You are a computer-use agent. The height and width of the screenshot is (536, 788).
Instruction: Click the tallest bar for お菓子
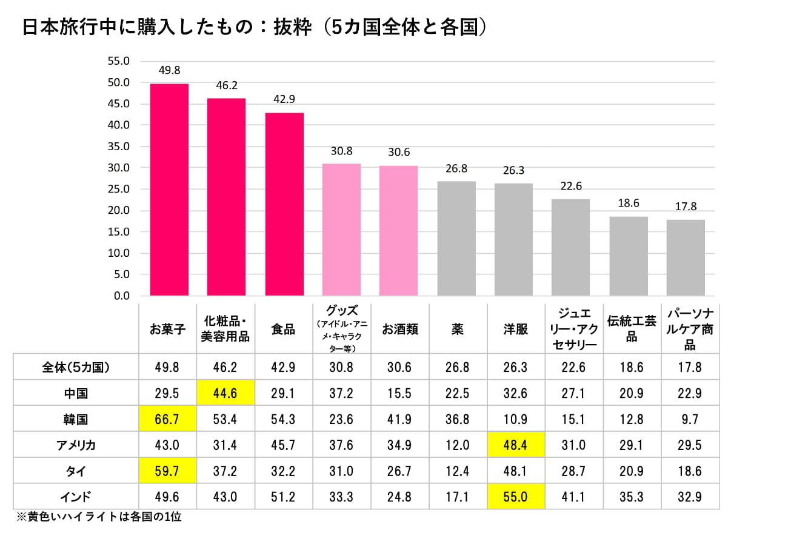[169, 190]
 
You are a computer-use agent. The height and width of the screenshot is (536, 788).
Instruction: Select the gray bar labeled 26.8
[456, 238]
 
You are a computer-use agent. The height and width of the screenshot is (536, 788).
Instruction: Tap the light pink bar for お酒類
[399, 230]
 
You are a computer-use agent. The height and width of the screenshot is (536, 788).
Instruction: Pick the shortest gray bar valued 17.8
[686, 257]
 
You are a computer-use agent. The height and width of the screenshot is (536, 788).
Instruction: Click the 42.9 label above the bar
[284, 99]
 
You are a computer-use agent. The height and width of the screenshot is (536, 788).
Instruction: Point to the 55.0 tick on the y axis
[119, 61]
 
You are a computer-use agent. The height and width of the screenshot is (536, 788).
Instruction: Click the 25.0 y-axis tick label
[119, 189]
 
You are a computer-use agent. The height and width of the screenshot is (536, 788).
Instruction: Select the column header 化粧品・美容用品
[225, 329]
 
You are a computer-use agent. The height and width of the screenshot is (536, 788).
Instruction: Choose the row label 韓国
[76, 419]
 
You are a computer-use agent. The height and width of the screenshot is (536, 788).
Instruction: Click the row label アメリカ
[76, 445]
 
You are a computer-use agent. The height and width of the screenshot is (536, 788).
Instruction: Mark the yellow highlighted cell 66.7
[167, 419]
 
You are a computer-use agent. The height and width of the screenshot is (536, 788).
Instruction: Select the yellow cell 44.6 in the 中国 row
[225, 393]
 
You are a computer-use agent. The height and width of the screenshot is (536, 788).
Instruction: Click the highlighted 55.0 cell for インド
[515, 497]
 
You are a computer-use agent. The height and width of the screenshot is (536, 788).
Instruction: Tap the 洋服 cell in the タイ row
[515, 471]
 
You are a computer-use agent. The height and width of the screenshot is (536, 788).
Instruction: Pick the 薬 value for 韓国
[457, 419]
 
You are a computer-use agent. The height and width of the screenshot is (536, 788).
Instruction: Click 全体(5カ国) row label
[76, 367]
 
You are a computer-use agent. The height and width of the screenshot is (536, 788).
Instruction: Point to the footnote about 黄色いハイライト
[99, 518]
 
